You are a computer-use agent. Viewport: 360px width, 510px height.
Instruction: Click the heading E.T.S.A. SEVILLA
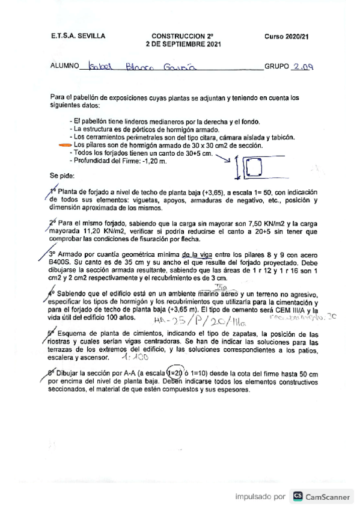(78, 36)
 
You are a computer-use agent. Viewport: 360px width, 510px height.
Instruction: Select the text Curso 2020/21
(286, 36)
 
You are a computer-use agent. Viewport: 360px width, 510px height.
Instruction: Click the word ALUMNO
(64, 66)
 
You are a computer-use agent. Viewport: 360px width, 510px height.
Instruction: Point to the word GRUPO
(276, 66)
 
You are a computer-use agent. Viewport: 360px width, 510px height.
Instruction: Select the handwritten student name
(156, 66)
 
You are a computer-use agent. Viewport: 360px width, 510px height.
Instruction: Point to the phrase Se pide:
(63, 176)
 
